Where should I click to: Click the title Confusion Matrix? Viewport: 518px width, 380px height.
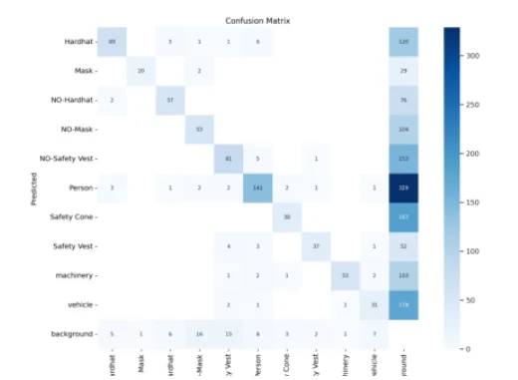pyautogui.click(x=258, y=19)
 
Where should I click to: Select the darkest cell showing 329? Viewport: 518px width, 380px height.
pyautogui.click(x=404, y=187)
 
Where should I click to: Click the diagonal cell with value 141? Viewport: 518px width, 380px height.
pyautogui.click(x=258, y=187)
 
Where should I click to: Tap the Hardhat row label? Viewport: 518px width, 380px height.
pyautogui.click(x=78, y=42)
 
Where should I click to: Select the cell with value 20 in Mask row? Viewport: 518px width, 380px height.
pyautogui.click(x=141, y=71)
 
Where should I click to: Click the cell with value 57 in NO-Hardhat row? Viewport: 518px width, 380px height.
pyautogui.click(x=170, y=100)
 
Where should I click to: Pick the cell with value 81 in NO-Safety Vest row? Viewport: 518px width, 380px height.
pyautogui.click(x=229, y=158)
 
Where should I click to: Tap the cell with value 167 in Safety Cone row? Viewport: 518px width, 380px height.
pyautogui.click(x=404, y=215)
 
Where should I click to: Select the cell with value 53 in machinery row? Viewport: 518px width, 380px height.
pyautogui.click(x=346, y=273)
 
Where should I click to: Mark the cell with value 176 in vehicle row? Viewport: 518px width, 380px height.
pyautogui.click(x=404, y=302)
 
